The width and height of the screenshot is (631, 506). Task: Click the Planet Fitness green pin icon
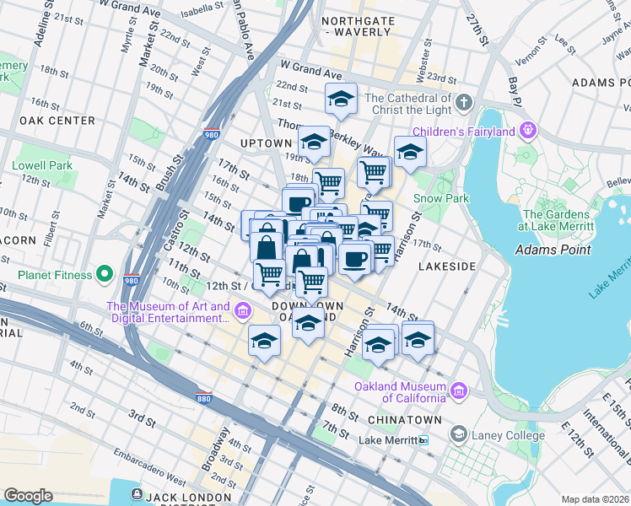click(105, 273)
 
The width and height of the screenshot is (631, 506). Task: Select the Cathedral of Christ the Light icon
click(463, 105)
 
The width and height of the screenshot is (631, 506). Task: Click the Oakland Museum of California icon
click(458, 391)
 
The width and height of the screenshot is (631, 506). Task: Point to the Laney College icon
click(458, 435)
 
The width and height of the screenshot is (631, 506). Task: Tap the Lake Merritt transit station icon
click(423, 440)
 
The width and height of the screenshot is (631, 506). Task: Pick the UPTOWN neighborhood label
click(265, 143)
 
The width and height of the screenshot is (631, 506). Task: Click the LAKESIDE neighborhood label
click(447, 266)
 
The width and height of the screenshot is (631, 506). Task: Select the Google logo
click(28, 495)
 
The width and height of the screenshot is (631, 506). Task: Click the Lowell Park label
click(42, 166)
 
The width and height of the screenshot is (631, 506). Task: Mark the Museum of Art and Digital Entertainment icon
click(243, 313)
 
